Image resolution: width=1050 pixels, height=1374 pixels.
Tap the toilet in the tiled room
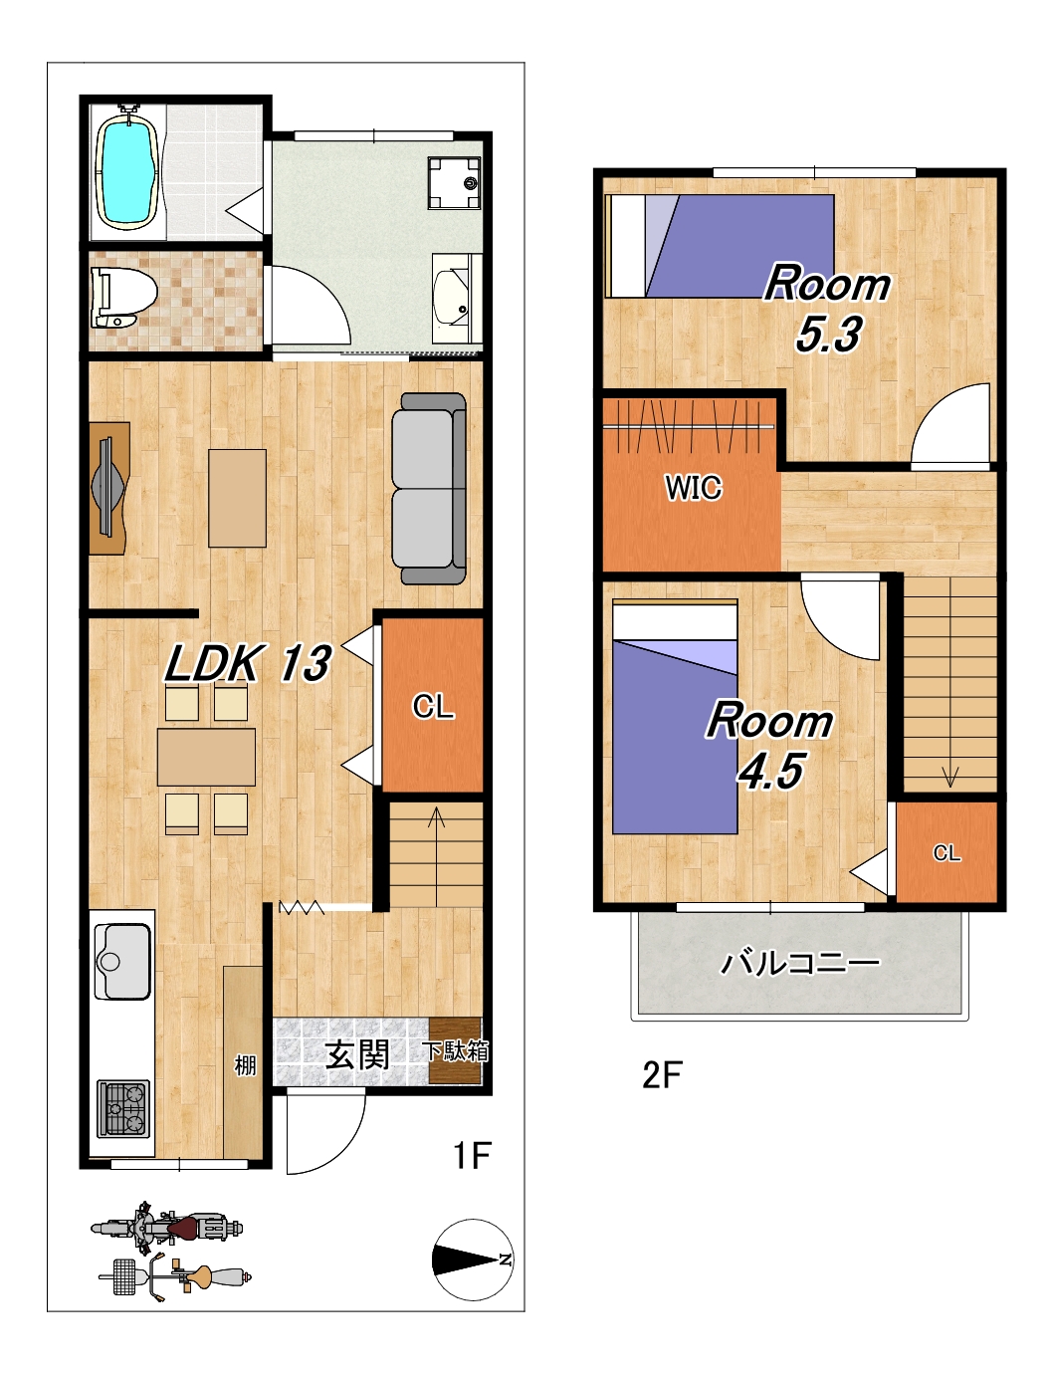[122, 298]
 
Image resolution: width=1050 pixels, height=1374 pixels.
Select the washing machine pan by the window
[454, 183]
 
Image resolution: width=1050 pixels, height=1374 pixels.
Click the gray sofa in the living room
[429, 489]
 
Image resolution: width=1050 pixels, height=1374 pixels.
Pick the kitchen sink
[122, 961]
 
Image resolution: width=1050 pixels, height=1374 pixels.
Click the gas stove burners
[123, 1108]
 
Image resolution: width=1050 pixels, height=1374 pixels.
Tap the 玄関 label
[357, 1054]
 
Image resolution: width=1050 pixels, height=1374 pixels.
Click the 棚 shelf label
[245, 1064]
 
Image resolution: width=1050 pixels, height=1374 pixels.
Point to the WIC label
[694, 488]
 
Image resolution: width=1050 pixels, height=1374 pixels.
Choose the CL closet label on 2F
[946, 852]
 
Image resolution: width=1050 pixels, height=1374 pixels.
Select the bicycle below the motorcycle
[175, 1276]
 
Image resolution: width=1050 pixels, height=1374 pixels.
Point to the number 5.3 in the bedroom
[828, 334]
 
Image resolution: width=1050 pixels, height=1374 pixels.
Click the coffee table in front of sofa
[237, 498]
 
